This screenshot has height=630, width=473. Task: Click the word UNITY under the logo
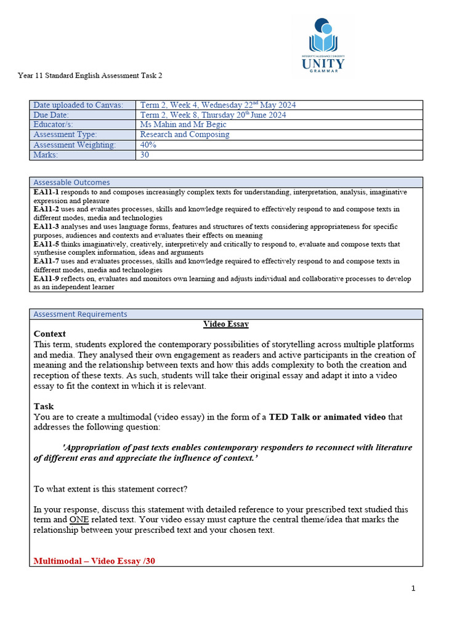(x=323, y=63)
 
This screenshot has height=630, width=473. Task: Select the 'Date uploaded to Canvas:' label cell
(x=78, y=105)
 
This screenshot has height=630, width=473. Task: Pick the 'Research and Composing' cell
(x=185, y=135)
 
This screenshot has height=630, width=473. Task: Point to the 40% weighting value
(x=148, y=145)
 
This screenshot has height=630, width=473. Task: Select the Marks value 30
(x=145, y=155)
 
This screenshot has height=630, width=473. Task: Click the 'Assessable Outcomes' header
(x=71, y=182)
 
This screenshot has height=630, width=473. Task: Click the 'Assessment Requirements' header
(x=80, y=314)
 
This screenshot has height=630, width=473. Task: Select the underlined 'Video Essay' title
(x=226, y=324)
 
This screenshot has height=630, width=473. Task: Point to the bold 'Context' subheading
(x=49, y=334)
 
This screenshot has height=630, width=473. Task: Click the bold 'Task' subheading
(x=44, y=407)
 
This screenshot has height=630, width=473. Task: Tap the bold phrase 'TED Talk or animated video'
(x=327, y=417)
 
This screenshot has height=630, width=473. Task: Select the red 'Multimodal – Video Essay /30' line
(x=94, y=561)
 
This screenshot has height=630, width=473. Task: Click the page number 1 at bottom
(x=413, y=588)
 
